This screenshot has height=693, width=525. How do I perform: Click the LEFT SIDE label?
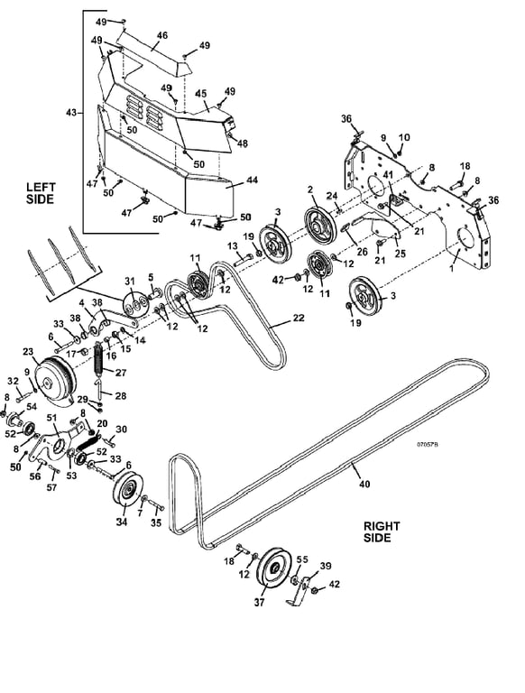(40, 193)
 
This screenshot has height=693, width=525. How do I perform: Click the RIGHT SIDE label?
(382, 531)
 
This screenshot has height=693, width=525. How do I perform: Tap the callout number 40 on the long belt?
(364, 484)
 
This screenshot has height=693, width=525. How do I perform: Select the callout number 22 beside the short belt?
(299, 318)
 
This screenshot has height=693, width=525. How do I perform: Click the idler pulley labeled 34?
(128, 491)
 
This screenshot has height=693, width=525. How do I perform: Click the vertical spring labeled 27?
(98, 359)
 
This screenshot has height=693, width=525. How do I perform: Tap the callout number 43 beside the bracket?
(70, 113)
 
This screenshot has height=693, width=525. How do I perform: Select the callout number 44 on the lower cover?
(252, 180)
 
